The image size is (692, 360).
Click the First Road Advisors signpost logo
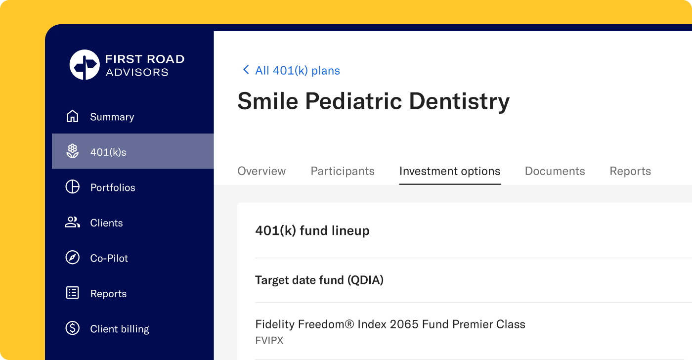[85, 65]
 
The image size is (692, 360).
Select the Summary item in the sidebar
[112, 117]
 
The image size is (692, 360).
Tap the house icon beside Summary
[72, 116]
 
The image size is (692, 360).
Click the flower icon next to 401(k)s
[72, 151]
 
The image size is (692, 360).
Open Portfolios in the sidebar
[113, 187]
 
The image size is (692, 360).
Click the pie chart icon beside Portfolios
[72, 186]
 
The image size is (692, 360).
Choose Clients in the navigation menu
[106, 223]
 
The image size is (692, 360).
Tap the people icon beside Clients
[72, 222]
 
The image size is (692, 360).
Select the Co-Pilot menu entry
[109, 258]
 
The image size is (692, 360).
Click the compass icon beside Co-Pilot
[72, 258]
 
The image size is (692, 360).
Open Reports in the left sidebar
[108, 294]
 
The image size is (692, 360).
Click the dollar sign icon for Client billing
[72, 328]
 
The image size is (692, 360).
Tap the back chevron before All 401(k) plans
[246, 70]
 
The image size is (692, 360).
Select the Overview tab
[261, 171]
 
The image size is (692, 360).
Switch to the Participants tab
[342, 171]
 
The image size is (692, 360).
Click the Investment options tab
[450, 171]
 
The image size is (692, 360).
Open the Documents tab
[555, 171]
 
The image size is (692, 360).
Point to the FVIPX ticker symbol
[269, 341]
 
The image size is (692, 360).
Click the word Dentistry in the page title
[459, 102]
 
